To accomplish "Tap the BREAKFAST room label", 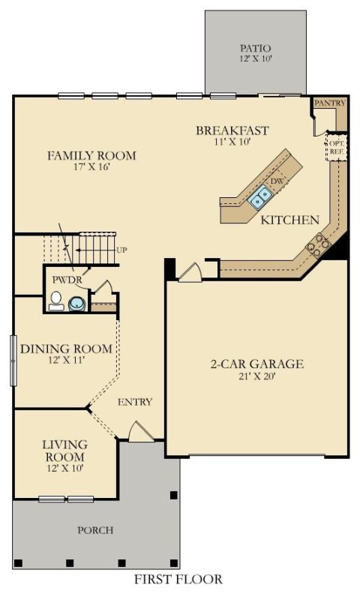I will click(232, 130).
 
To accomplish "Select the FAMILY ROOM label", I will click(91, 156).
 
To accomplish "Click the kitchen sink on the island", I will click(261, 196).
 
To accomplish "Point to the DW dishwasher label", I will click(276, 181).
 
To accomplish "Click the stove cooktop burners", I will click(319, 244).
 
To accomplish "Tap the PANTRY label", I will click(328, 102).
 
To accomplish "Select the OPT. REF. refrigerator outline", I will click(334, 146).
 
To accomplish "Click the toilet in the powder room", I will click(55, 301).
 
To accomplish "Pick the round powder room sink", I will click(76, 303).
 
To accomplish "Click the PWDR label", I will click(64, 280).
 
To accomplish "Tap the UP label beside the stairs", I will click(121, 250).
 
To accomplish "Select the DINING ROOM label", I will click(66, 349).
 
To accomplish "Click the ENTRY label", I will click(135, 403).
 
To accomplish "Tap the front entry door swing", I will click(140, 432).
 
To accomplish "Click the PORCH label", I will click(96, 530).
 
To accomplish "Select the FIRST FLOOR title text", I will click(178, 579).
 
